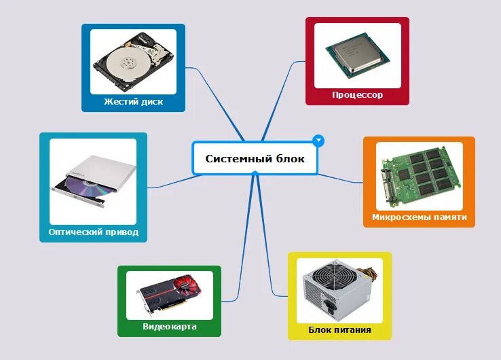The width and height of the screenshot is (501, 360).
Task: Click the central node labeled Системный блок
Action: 255,159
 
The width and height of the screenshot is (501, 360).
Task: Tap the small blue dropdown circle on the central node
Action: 318,141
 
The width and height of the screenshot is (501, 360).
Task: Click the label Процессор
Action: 357,95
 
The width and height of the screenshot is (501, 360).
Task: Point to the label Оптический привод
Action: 93,232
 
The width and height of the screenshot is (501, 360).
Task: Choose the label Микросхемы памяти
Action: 419,217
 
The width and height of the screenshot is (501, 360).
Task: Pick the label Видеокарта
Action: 169,327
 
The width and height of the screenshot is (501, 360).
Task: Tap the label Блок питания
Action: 339,330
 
